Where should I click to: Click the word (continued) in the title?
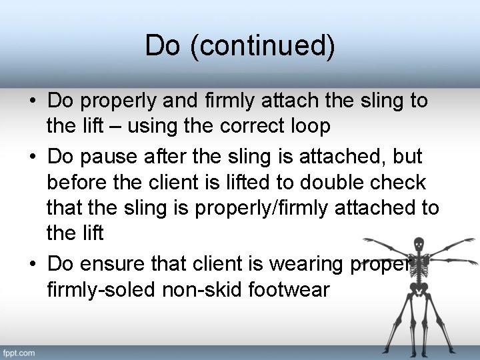263,46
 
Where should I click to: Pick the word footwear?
295,290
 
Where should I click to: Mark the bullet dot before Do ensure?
32,265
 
